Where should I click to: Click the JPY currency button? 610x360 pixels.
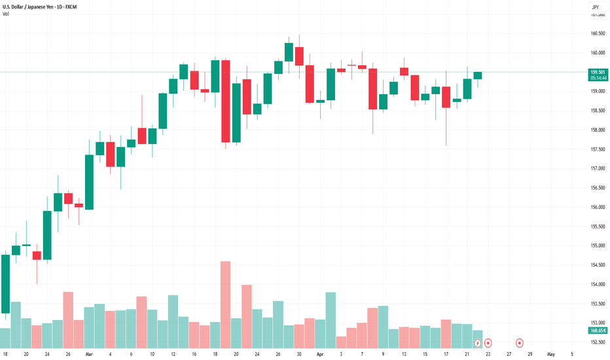(x=595, y=7)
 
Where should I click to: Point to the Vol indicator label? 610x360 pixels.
(x=6, y=14)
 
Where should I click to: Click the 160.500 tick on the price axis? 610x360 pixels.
(x=596, y=33)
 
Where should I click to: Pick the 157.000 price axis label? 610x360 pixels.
(x=596, y=168)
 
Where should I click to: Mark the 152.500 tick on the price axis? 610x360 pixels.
(x=596, y=342)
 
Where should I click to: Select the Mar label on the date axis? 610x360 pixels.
(x=89, y=353)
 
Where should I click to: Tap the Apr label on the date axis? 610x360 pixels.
(x=319, y=353)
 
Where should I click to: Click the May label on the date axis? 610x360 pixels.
(x=551, y=353)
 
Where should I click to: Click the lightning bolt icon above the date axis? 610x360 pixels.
(x=478, y=342)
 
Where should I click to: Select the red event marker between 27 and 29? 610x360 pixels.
(x=520, y=342)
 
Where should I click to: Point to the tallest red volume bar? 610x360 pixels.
(x=226, y=304)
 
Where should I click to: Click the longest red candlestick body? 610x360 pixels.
(x=226, y=101)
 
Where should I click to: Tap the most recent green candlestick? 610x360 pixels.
(x=478, y=75)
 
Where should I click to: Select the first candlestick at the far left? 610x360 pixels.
(x=5, y=283)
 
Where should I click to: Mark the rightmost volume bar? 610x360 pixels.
(x=478, y=339)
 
